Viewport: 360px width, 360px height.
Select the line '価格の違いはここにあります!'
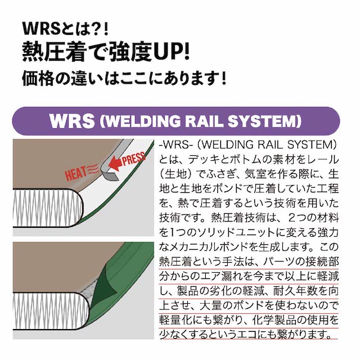[x=123, y=77]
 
